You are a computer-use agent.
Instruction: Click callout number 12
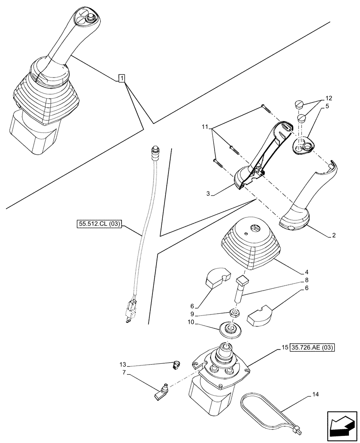328,97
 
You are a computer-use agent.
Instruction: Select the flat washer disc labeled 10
230,330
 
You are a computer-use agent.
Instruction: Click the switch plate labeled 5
305,146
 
